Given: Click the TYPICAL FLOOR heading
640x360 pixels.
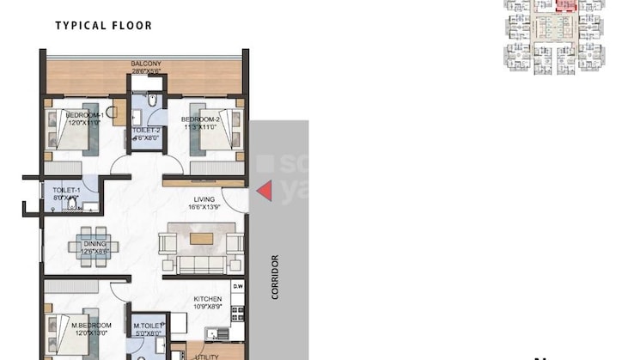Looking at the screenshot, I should coord(103,26).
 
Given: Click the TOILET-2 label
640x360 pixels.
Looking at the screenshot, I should coord(146,131).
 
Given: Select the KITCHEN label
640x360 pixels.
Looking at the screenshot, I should coord(207,299).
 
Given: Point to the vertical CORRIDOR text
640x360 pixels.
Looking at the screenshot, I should coord(276,276).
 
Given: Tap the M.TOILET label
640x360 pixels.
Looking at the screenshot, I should coord(147,326).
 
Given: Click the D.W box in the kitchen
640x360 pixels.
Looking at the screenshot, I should coord(238,286).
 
